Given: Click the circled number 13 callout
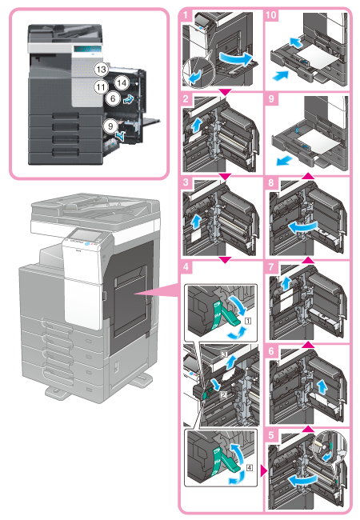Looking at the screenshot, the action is click(101, 70).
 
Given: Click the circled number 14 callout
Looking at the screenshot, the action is click(122, 82).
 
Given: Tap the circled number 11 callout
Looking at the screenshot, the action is click(101, 87).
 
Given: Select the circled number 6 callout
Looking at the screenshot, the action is click(113, 98).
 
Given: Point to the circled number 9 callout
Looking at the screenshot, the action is click(110, 126).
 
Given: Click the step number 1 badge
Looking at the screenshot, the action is click(186, 15).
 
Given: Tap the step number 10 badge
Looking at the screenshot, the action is click(271, 15).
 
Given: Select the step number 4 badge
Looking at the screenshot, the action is click(186, 266).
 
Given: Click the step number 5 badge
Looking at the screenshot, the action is click(271, 434).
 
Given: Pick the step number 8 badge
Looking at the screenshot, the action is click(271, 182).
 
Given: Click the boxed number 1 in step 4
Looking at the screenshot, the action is click(248, 321).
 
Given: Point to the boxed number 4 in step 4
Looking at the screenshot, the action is click(249, 468).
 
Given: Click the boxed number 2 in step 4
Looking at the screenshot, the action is click(223, 394).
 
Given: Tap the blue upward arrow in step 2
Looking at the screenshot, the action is click(197, 126).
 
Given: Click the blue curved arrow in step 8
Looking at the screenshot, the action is click(302, 227).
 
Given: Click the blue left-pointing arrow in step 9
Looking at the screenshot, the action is click(285, 161).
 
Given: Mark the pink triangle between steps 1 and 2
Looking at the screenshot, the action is click(225, 94).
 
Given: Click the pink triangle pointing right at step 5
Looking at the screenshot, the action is click(263, 470).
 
